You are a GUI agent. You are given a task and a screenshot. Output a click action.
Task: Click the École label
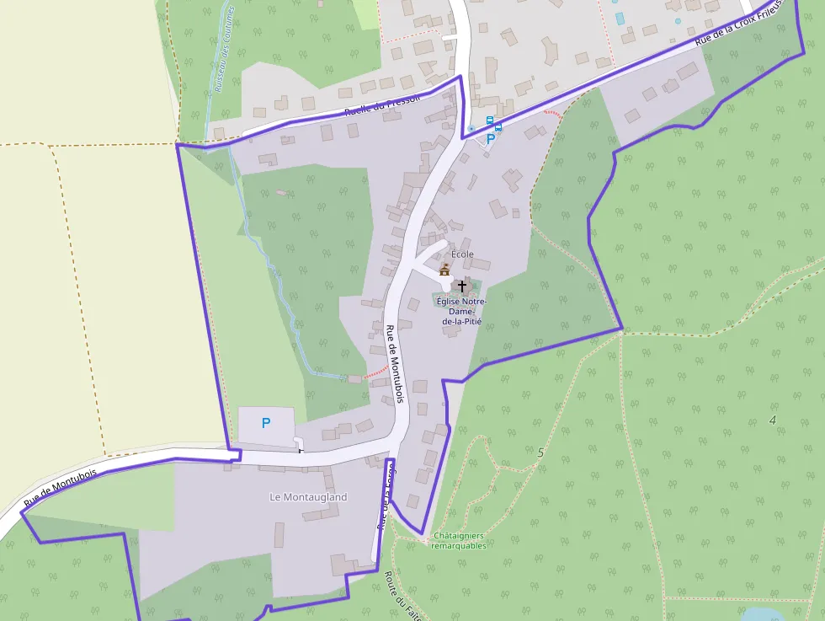(x=462, y=254)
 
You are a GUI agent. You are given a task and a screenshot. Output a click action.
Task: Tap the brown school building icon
(x=444, y=270)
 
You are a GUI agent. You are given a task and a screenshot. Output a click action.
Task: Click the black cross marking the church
(x=461, y=286)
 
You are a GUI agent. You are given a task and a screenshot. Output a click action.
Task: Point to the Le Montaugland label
(x=308, y=497)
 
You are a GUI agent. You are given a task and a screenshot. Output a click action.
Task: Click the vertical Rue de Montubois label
(x=395, y=363)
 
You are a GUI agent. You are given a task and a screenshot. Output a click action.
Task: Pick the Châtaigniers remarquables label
(x=458, y=540)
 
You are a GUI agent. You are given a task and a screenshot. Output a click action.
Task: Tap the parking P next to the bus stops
(x=490, y=140)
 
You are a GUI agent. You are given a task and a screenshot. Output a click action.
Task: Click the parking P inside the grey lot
(x=266, y=423)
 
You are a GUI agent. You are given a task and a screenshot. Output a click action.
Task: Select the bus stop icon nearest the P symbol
(x=498, y=128)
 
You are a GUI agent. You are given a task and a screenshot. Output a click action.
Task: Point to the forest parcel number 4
(x=772, y=420)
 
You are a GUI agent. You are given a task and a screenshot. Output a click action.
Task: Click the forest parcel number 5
(x=540, y=453)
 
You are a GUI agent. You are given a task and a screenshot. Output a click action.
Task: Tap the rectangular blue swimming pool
(x=620, y=18)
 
